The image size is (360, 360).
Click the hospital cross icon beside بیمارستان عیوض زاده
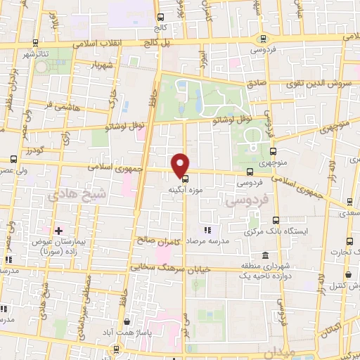58,231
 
